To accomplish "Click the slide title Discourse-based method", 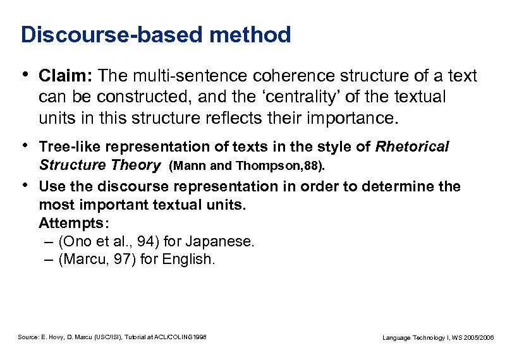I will click(x=155, y=35).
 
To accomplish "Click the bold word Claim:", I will click(x=66, y=76).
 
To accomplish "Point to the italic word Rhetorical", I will click(x=412, y=147).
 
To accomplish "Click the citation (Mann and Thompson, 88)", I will click(x=247, y=166).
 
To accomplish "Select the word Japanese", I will click(x=225, y=241).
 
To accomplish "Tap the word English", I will click(x=190, y=260).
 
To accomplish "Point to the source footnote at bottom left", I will click(x=113, y=338).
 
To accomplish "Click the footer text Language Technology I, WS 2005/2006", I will click(x=439, y=338).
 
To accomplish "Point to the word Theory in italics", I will click(x=135, y=165).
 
